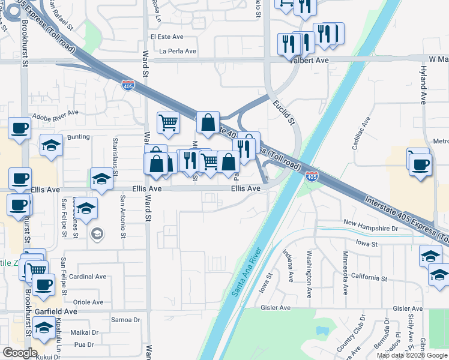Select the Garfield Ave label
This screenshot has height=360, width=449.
[56, 311]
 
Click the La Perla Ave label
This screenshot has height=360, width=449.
[178, 51]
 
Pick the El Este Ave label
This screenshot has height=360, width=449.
[167, 37]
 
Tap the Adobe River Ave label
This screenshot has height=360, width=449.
[55, 113]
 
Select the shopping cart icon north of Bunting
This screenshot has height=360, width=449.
[168, 122]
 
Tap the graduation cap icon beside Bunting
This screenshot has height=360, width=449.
[52, 145]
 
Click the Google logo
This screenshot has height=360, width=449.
[20, 353]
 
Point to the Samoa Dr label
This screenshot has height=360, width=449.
[125, 320]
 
